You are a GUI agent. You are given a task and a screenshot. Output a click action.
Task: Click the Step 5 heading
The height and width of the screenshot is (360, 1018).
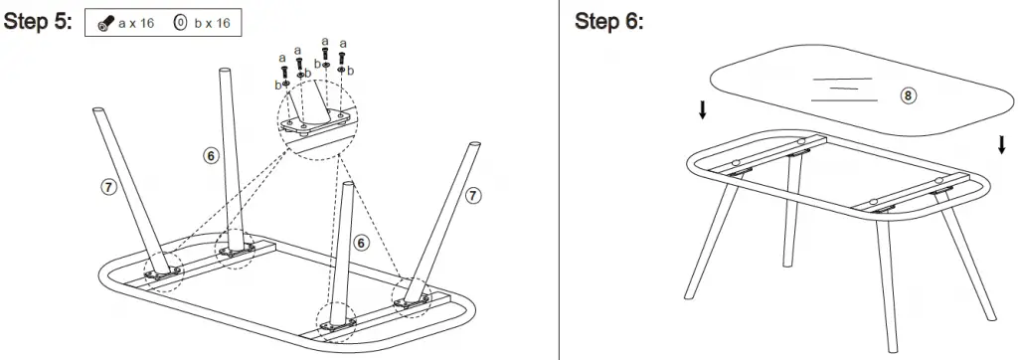pos(39,22)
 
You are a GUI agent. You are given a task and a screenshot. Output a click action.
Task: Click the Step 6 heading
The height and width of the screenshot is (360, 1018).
pos(608,22)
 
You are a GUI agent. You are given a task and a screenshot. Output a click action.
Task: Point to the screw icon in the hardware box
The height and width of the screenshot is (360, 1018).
pos(106,23)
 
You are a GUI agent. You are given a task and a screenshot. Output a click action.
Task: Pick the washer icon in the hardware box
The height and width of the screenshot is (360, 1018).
pos(180,23)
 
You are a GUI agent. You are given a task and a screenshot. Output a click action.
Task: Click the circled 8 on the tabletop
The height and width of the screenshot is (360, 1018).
pos(907,95)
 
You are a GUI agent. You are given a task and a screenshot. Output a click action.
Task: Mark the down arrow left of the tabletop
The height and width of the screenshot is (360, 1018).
pos(703,109)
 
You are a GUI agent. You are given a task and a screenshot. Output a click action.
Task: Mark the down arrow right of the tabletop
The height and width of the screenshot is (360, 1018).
pos(1001,145)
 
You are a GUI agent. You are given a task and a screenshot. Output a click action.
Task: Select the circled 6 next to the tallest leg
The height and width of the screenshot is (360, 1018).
pos(211,155)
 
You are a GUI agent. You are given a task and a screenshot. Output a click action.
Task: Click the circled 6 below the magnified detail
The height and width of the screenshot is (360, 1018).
pos(362,242)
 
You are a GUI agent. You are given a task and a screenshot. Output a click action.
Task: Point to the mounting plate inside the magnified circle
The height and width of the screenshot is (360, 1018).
pos(313,122)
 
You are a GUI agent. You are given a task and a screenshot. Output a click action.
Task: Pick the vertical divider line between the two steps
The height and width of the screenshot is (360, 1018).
pos(560,180)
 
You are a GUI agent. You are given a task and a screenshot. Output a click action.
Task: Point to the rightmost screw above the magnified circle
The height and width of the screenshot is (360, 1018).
pos(343,60)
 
